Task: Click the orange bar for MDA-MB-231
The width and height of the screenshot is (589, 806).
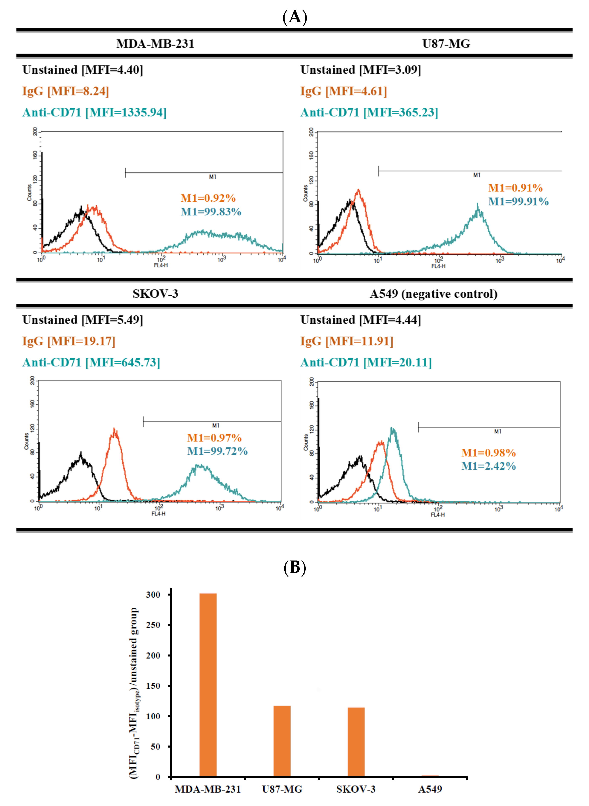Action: [x=208, y=685]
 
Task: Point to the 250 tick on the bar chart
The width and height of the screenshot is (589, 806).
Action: [x=153, y=625]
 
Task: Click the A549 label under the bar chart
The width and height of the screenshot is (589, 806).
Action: [x=430, y=789]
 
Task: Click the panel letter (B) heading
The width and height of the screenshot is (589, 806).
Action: [x=295, y=567]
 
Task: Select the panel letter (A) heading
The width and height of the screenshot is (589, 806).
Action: [x=295, y=17]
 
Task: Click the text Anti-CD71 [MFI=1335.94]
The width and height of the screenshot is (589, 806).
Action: [x=94, y=112]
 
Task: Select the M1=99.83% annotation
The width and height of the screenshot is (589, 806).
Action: [x=211, y=212]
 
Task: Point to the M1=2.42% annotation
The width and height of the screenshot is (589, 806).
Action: [x=488, y=466]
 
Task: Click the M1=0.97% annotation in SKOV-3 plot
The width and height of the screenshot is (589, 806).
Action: [x=214, y=438]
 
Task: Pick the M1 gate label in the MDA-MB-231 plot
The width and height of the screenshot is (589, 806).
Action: [x=213, y=177]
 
